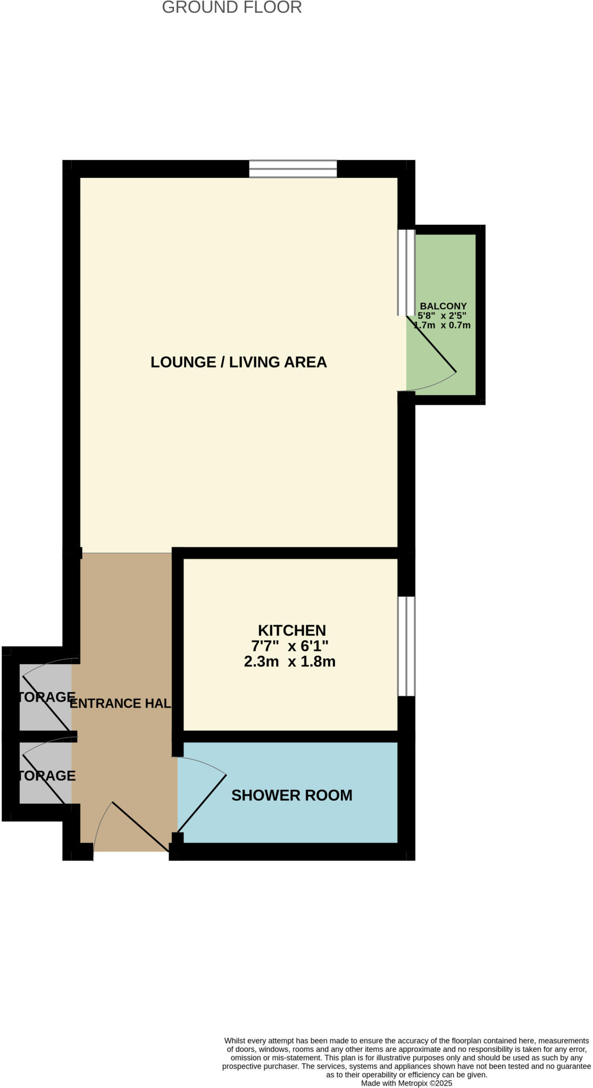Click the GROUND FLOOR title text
tap(232, 7)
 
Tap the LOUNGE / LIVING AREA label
tap(238, 362)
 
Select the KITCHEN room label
tap(291, 631)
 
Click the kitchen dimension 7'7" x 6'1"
tap(290, 646)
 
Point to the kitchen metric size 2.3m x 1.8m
tap(290, 662)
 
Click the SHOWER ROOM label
tap(291, 795)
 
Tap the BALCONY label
tap(443, 307)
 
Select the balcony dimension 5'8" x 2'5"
tap(442, 316)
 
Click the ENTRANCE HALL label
tap(121, 703)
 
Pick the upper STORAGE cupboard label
tap(47, 697)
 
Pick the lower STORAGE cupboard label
tap(47, 776)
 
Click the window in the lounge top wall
tap(293, 169)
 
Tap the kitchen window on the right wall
tap(406, 646)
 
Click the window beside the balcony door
tap(407, 273)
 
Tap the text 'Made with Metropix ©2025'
tap(406, 1083)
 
